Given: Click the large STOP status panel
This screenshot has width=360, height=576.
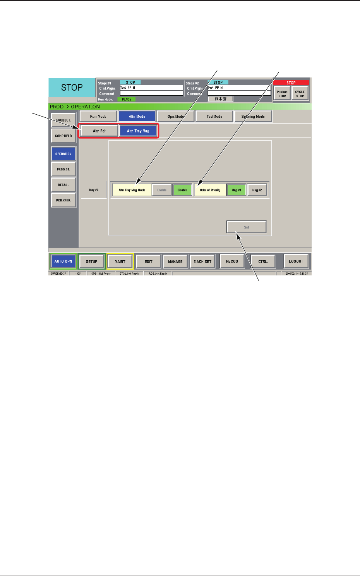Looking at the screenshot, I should click(x=72, y=88).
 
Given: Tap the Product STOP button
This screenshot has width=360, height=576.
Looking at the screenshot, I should click(x=282, y=94).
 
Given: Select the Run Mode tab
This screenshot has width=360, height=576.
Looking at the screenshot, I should click(x=98, y=116).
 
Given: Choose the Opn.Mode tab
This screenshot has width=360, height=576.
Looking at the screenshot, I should click(x=175, y=116).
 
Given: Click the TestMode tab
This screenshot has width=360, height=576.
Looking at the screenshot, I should click(x=214, y=116).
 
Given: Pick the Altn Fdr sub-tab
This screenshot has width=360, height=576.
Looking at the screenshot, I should click(x=99, y=131).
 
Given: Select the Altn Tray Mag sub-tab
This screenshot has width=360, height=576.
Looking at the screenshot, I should click(x=138, y=131).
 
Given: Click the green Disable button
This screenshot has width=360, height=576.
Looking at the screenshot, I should click(x=182, y=190).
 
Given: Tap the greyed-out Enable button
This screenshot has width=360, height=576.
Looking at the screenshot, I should click(x=162, y=190).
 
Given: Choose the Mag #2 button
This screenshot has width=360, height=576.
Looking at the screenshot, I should click(x=257, y=190).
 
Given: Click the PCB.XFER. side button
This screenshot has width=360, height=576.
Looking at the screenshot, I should click(x=63, y=200).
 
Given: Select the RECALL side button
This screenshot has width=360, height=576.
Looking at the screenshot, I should click(x=63, y=185).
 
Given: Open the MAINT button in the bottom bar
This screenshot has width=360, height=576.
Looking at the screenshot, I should click(x=120, y=261).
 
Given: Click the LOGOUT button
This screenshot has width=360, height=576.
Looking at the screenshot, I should click(x=296, y=261).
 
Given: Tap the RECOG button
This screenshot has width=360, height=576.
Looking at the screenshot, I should click(x=232, y=261).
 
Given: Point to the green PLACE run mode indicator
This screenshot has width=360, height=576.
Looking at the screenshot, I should click(x=127, y=99).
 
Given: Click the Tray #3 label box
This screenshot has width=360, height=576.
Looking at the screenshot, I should click(x=94, y=190).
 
